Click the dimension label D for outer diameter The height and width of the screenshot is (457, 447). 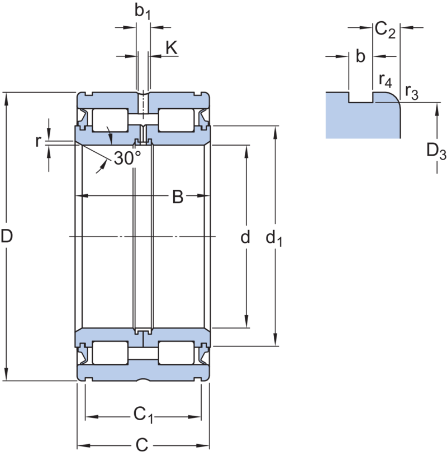click(x=7, y=238)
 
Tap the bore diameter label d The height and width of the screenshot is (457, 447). click(x=244, y=238)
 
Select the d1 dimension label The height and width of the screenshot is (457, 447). click(x=274, y=239)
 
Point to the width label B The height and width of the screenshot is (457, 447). click(x=177, y=196)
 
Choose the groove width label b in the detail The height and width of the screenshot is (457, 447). click(x=360, y=56)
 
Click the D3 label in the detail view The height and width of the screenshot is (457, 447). click(x=434, y=151)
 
